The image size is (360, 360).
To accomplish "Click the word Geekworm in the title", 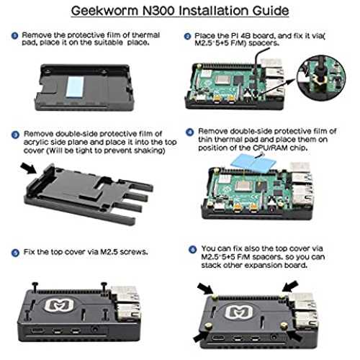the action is click(x=105, y=11).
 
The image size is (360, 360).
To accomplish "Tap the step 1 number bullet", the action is click(x=15, y=36).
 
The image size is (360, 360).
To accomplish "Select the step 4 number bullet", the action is click(x=190, y=132).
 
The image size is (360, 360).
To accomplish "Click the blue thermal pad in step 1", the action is click(x=75, y=86).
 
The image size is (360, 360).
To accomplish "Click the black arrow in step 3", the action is click(x=29, y=168).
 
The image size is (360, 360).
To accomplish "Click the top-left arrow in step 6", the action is click(x=205, y=289).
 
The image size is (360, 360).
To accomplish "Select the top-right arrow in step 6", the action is click(x=290, y=287).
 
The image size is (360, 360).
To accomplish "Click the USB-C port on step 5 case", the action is click(x=37, y=330).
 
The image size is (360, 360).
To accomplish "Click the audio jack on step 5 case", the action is click(x=95, y=329).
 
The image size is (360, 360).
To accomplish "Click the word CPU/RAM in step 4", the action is click(x=270, y=148).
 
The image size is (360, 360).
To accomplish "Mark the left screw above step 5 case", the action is click(x=35, y=287).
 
